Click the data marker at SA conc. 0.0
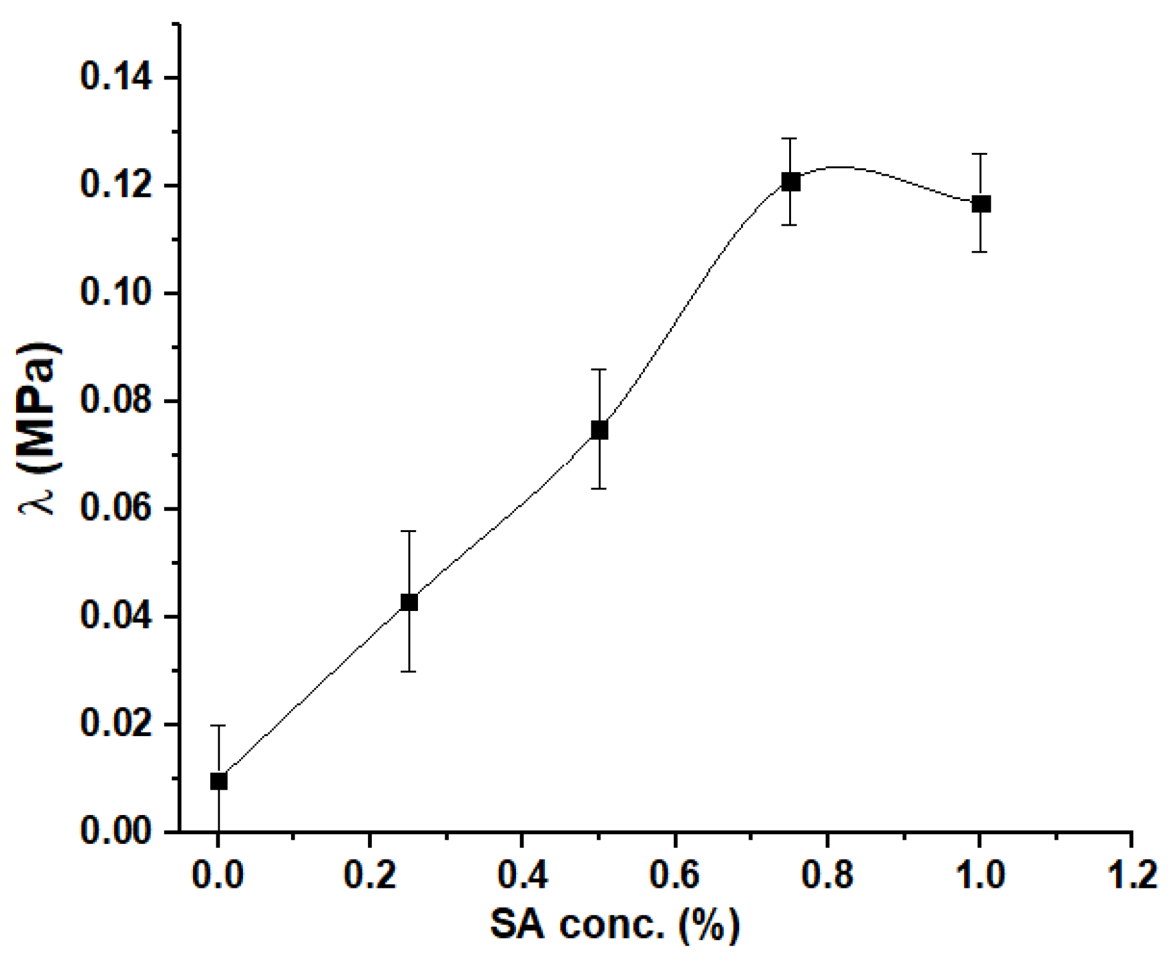(219, 781)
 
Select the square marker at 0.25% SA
(409, 602)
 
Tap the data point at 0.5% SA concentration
(599, 430)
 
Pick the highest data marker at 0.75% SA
(790, 182)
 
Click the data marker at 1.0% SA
(981, 204)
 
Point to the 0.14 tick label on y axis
(116, 78)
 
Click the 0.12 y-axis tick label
(116, 186)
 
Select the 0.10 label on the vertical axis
(116, 293)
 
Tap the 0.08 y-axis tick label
(116, 401)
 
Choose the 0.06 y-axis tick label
(116, 509)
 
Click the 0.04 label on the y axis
(116, 617)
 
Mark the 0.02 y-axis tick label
(116, 724)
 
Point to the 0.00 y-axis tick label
(116, 832)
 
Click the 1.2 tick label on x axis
(1133, 874)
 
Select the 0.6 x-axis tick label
(674, 874)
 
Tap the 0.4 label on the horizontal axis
(522, 874)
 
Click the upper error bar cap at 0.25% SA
(409, 531)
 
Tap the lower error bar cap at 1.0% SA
(981, 252)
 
